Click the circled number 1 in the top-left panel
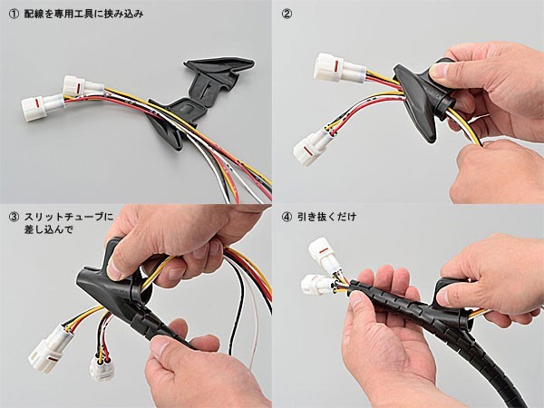point(14,14)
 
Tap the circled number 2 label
point(287,14)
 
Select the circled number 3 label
point(14,218)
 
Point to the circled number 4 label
point(287,218)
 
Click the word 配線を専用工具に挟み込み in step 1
point(84,14)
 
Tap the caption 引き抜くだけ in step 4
point(326,218)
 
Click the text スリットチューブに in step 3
point(69,218)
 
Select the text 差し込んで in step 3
point(49,229)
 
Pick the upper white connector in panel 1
point(83,86)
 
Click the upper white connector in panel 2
point(339,68)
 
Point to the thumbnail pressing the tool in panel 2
point(438,71)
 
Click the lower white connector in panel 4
point(317,285)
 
